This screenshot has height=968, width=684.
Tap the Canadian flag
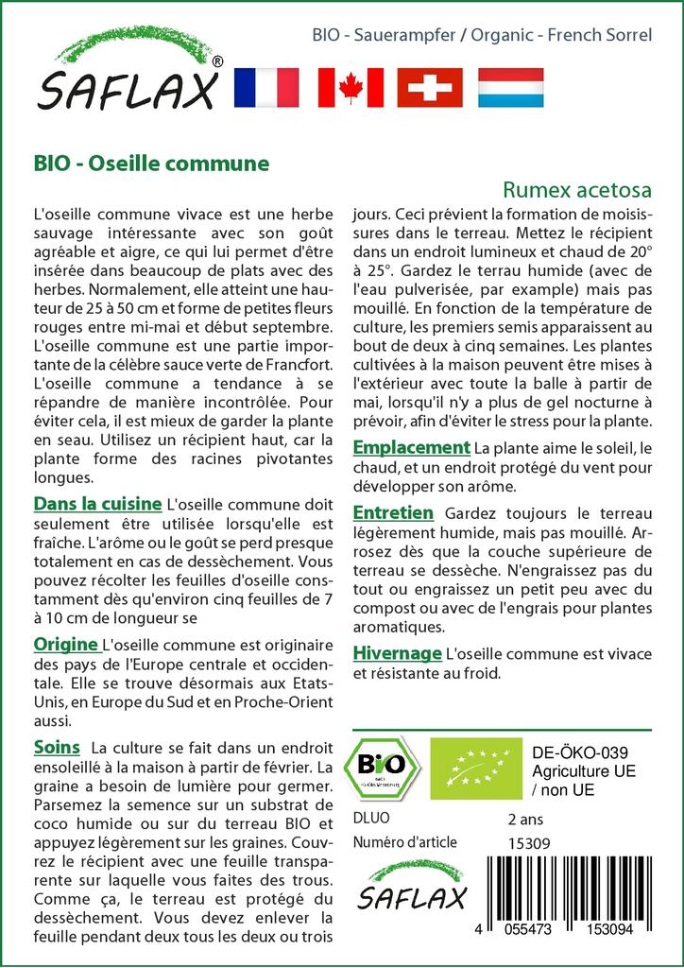(350, 87)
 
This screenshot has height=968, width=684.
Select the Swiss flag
(430, 87)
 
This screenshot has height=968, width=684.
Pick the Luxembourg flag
(510, 87)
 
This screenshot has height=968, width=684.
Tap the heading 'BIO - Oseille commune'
(150, 163)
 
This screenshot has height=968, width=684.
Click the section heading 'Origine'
(66, 645)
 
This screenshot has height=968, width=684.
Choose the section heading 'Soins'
(57, 747)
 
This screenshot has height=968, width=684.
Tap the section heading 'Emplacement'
(411, 446)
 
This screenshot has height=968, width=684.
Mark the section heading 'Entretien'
(393, 512)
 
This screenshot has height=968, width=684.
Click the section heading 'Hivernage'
(397, 652)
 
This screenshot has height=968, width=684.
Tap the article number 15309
(529, 843)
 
